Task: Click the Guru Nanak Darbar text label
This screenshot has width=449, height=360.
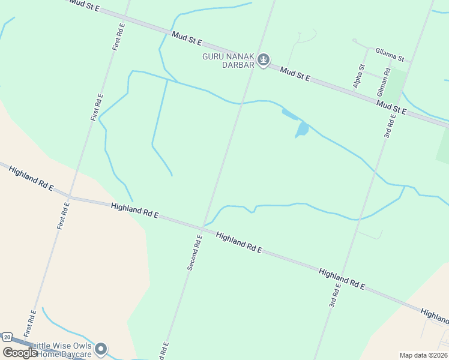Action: click(x=228, y=60)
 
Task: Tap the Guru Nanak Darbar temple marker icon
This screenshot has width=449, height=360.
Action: click(x=264, y=59)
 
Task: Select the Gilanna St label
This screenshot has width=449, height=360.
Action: click(x=390, y=53)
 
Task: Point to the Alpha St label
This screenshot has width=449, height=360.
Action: click(x=359, y=76)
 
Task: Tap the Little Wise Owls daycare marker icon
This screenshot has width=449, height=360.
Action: click(x=101, y=349)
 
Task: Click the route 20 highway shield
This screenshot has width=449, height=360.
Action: click(x=7, y=337)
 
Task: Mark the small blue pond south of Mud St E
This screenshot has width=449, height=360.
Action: click(x=302, y=128)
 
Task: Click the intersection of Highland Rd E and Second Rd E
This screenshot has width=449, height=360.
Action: click(x=204, y=228)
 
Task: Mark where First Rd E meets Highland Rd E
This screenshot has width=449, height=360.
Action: click(x=69, y=196)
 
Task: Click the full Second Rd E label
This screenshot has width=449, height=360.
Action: click(x=194, y=252)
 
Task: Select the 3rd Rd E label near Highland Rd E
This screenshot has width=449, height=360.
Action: click(x=335, y=295)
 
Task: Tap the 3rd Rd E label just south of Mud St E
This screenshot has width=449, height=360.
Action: click(x=390, y=126)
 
